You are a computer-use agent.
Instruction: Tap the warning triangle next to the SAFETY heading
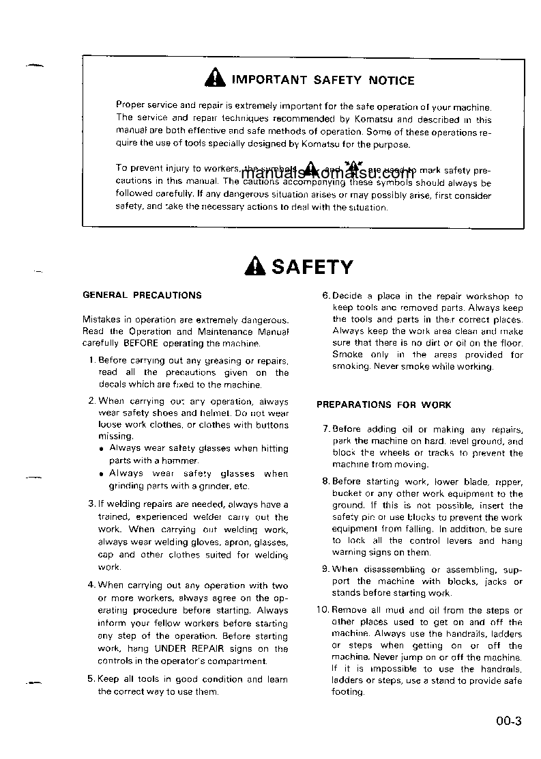pyautogui.click(x=254, y=266)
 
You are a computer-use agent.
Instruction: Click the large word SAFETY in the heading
pyautogui.click(x=312, y=266)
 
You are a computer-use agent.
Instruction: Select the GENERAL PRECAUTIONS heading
pyautogui.click(x=142, y=295)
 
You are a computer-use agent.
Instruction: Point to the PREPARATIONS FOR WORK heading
pyautogui.click(x=383, y=404)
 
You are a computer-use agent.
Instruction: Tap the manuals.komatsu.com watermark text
pyautogui.click(x=328, y=173)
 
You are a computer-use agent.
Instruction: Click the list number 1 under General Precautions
pyautogui.click(x=91, y=360)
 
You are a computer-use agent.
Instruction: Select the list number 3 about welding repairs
pyautogui.click(x=91, y=504)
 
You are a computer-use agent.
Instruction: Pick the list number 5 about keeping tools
pyautogui.click(x=91, y=679)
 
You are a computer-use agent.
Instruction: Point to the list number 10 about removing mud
pyautogui.click(x=323, y=610)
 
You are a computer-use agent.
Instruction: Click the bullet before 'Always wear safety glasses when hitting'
pyautogui.click(x=101, y=450)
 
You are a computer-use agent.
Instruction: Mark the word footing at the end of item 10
pyautogui.click(x=348, y=692)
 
